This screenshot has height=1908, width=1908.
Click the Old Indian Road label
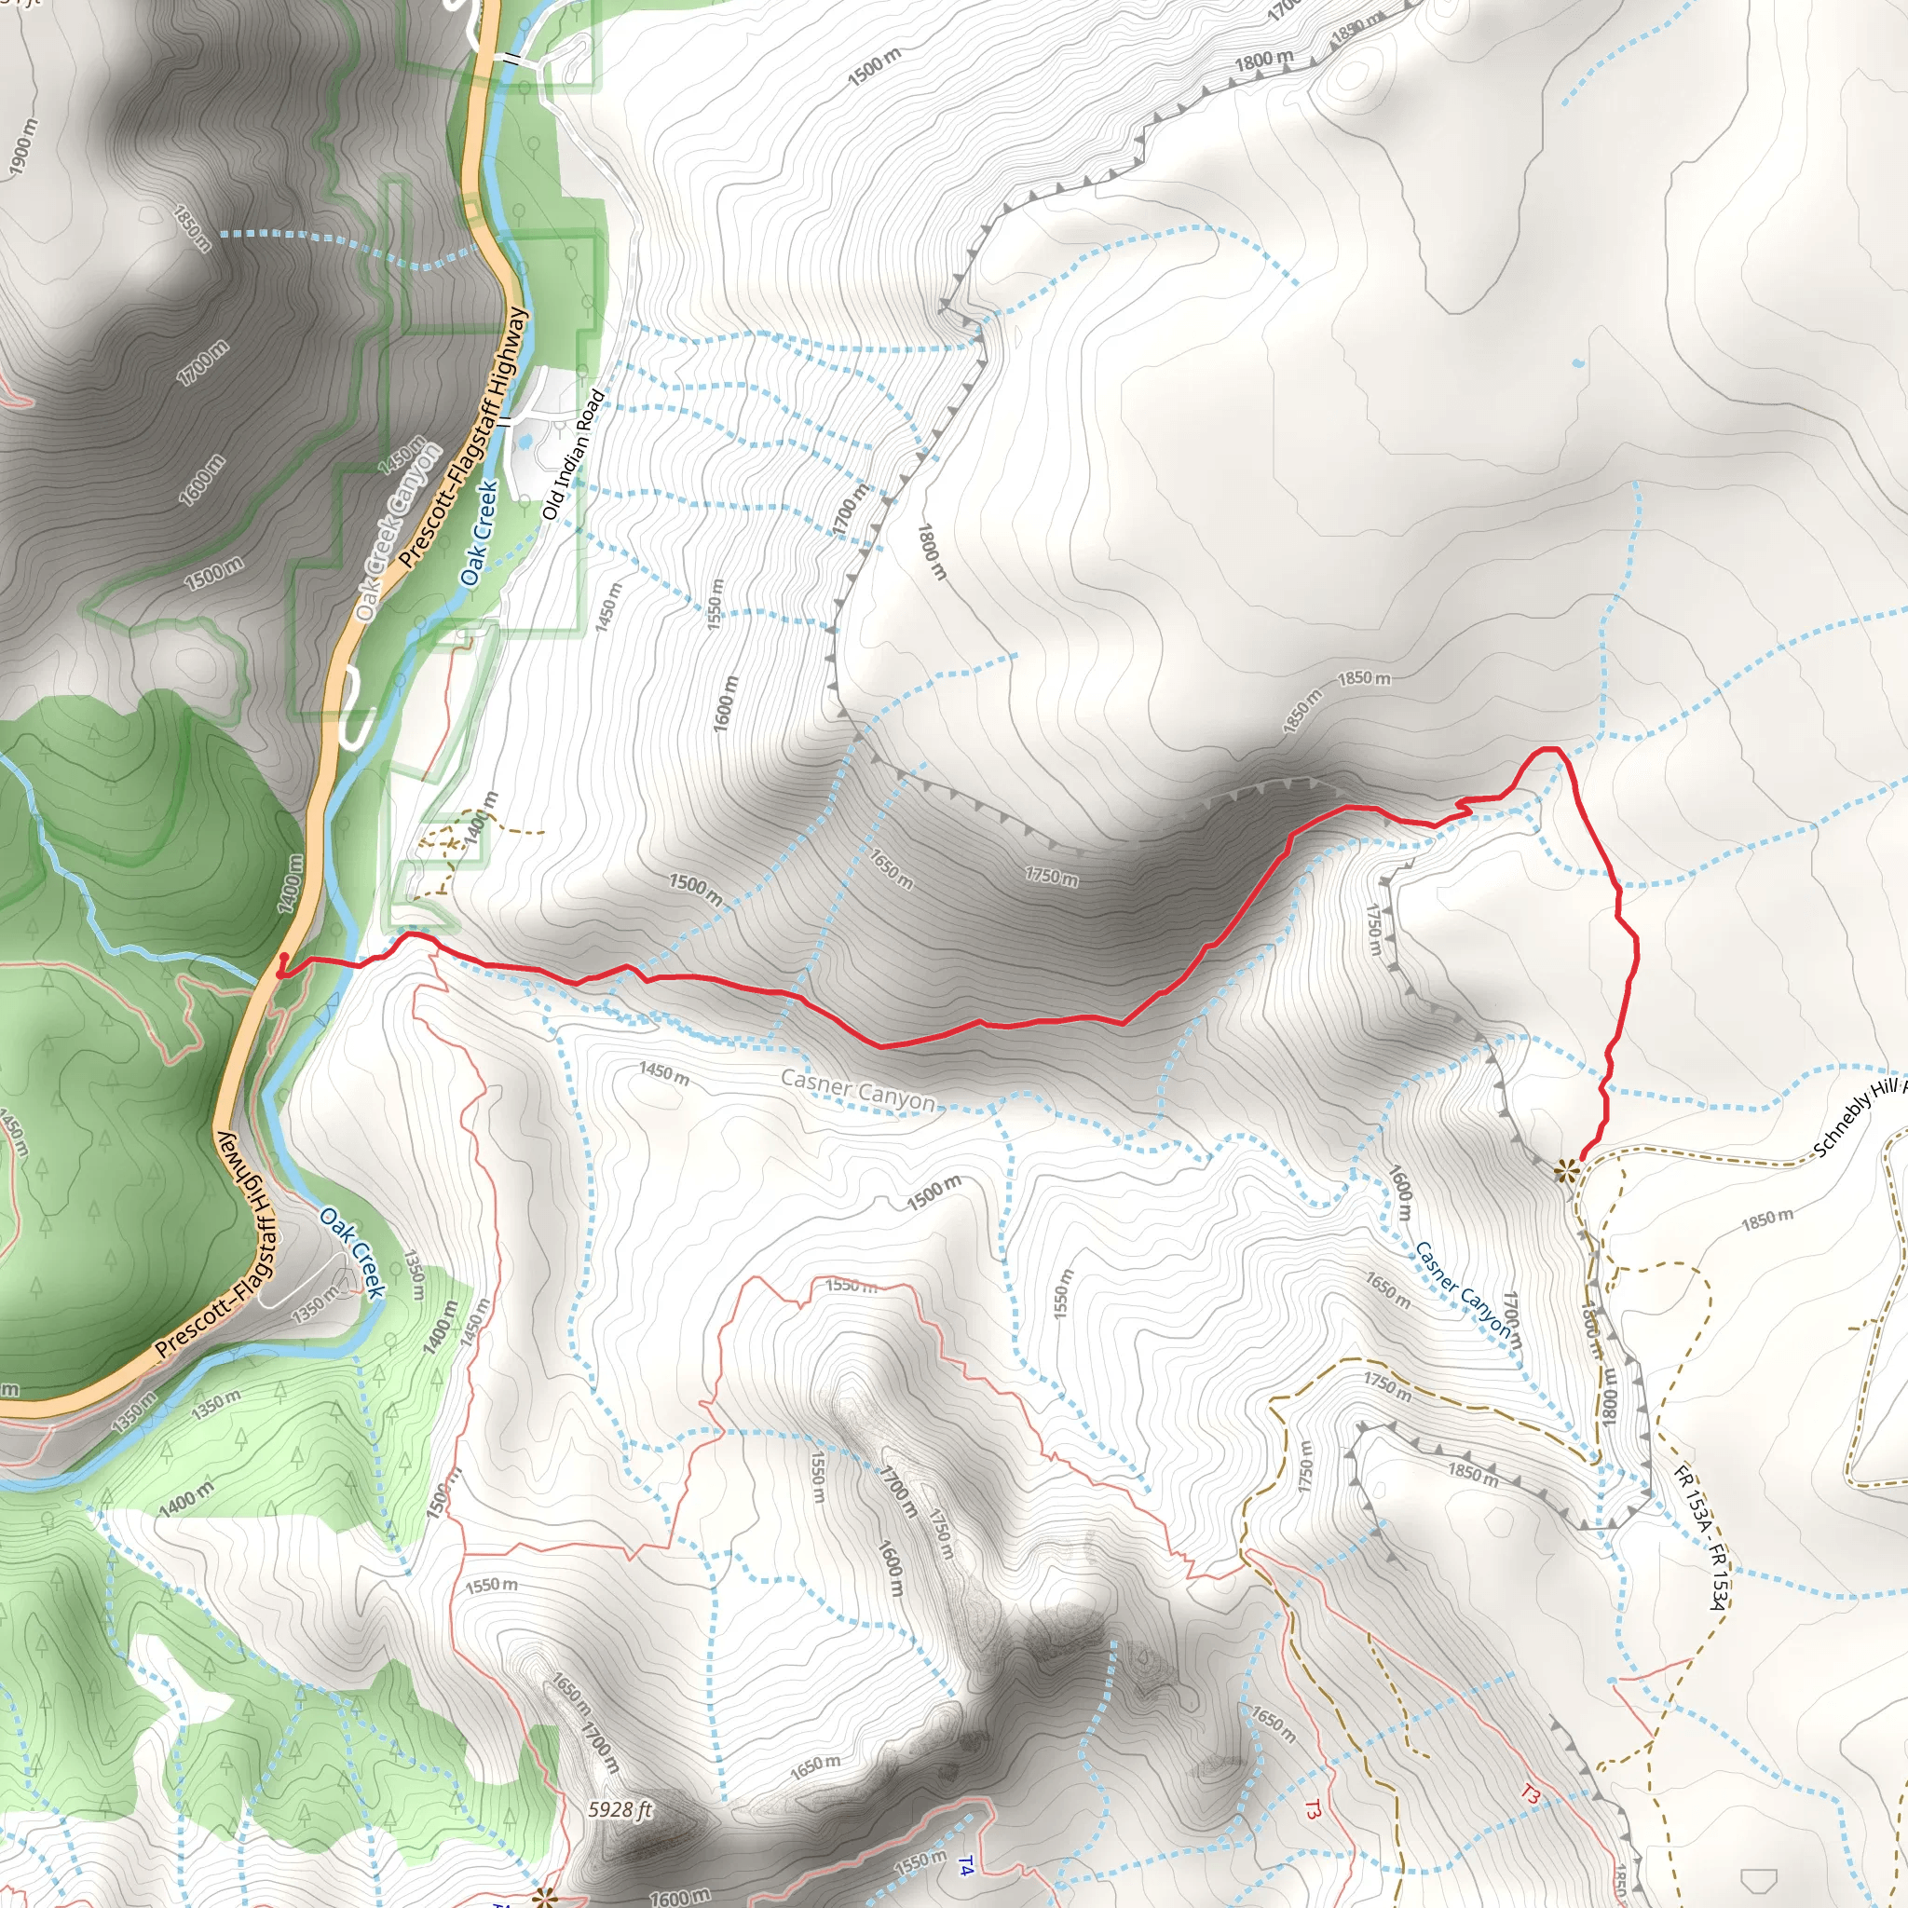click(x=574, y=455)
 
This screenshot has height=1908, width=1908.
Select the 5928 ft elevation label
click(x=620, y=1809)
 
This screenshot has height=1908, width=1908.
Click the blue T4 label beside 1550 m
click(x=966, y=1866)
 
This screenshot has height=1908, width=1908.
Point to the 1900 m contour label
click(x=22, y=146)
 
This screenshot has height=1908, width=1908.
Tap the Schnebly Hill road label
click(x=1857, y=1117)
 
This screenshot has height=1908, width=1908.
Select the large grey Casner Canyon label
click(x=857, y=1090)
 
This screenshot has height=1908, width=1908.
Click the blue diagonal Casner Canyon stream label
click(x=1462, y=1288)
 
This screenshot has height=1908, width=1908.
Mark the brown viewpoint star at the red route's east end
click(x=1565, y=1172)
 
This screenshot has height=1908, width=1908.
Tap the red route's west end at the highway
click(x=281, y=972)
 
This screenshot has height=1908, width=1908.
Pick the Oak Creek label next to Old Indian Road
click(x=479, y=533)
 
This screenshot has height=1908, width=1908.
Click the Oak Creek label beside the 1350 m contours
click(x=351, y=1252)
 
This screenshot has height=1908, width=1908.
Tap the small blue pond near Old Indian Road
click(x=526, y=437)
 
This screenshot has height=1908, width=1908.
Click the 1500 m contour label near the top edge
click(x=874, y=66)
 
